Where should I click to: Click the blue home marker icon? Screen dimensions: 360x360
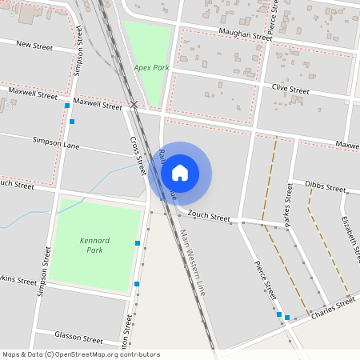click(x=180, y=172)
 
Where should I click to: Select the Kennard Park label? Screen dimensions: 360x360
click(x=94, y=245)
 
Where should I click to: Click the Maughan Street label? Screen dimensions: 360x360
click(x=246, y=36)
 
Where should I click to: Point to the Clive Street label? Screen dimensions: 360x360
click(x=290, y=90)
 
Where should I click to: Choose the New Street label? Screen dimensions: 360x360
click(x=34, y=46)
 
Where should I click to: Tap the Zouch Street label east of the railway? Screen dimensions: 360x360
click(x=209, y=216)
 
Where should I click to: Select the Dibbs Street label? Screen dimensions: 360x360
click(x=325, y=186)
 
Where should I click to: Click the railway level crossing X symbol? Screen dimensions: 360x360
click(x=134, y=105)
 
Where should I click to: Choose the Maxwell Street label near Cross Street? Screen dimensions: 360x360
click(x=97, y=104)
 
